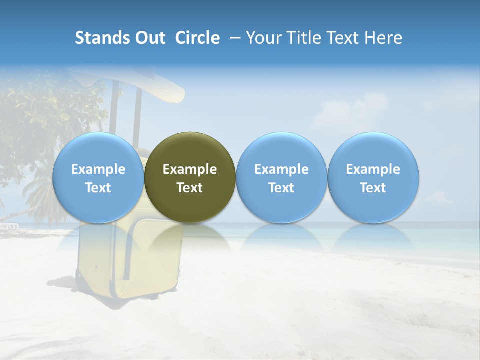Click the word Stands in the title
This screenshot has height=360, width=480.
(x=101, y=38)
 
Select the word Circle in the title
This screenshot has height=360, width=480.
(x=197, y=38)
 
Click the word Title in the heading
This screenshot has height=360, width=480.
(x=305, y=38)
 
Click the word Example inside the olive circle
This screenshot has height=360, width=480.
(x=190, y=169)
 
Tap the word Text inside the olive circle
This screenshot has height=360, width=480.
(x=190, y=188)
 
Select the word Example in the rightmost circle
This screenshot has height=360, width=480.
(x=373, y=169)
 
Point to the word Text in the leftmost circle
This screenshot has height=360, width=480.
(x=98, y=188)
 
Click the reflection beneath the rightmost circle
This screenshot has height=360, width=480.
(x=373, y=237)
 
